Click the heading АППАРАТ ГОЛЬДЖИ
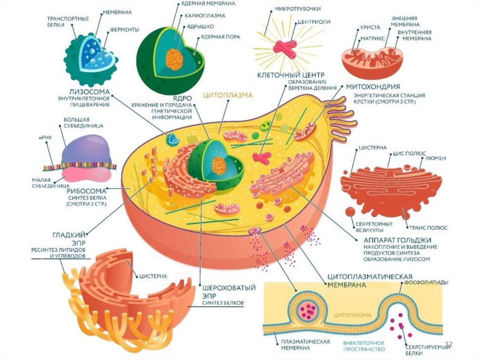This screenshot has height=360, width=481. coord(391,240)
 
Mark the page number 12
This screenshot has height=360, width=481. coord(448,345)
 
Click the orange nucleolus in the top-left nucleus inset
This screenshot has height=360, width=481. coord(174,59)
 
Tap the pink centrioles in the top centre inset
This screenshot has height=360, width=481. coord(286,48)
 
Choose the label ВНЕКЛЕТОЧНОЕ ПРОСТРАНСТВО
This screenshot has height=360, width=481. coord(364,346)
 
